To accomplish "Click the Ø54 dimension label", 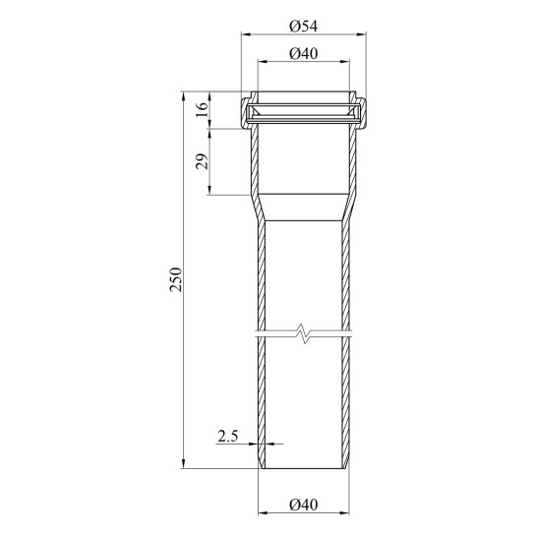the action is click(304, 27).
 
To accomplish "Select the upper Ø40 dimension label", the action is click(304, 54).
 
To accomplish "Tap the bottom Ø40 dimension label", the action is click(304, 505).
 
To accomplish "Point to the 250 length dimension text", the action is click(176, 279).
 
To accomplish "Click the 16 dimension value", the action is click(203, 110).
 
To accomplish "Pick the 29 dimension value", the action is click(202, 161).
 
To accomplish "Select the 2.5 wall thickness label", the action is click(228, 437).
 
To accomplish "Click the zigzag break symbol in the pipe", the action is click(303, 333).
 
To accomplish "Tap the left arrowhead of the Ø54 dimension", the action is click(247, 34).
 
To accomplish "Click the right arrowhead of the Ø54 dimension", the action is click(361, 34).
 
